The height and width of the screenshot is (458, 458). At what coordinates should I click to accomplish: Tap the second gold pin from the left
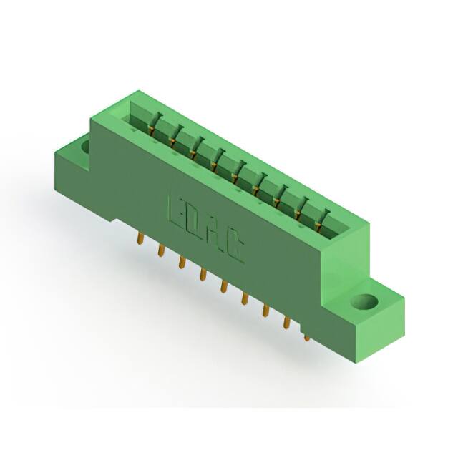click(161, 250)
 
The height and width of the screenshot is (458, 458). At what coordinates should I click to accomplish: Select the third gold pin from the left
click(182, 263)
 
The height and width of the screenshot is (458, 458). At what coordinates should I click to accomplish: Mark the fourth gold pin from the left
click(203, 275)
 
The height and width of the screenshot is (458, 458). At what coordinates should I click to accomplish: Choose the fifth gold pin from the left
click(224, 287)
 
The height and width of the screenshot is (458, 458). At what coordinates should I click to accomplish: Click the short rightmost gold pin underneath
click(307, 335)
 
